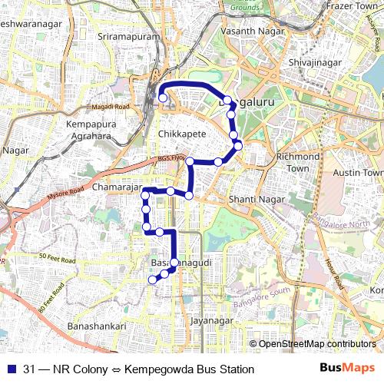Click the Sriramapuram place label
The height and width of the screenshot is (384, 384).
click(x=124, y=36)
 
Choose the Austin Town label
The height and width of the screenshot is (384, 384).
click(x=358, y=173)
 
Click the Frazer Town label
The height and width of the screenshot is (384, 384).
click(x=348, y=6)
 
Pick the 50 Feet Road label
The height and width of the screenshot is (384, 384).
click(x=57, y=259)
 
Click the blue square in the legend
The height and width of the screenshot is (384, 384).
click(x=10, y=369)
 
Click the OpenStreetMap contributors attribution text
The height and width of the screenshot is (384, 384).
click(x=316, y=344)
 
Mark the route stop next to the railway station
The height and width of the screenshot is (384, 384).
click(x=162, y=98)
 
